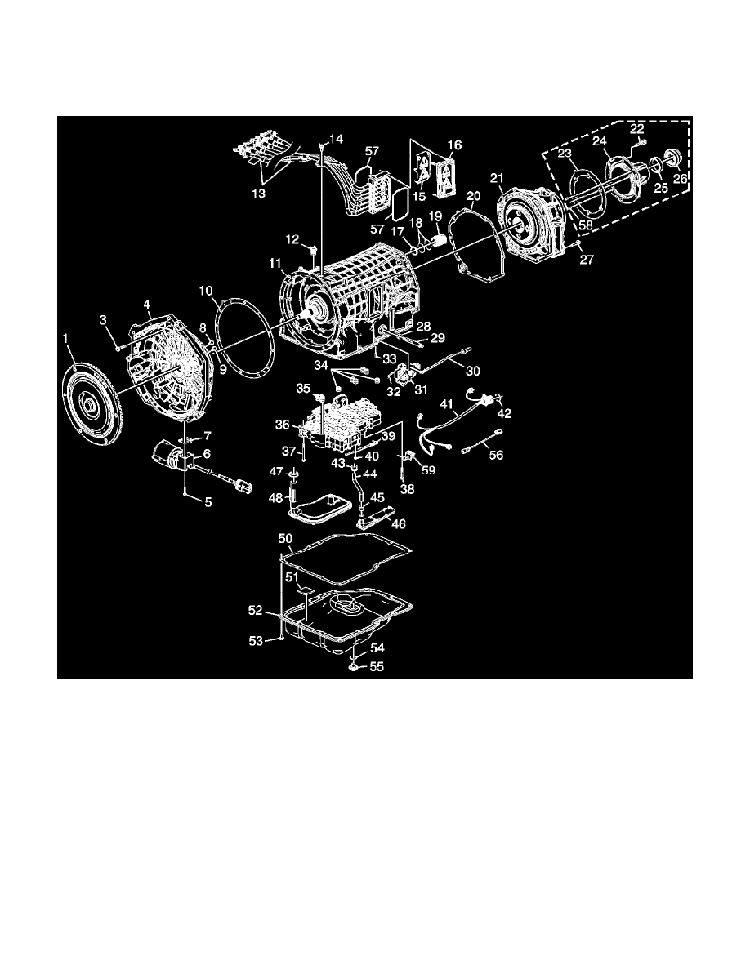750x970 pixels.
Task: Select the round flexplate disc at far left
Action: tap(92, 406)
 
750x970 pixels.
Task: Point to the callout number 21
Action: tap(496, 178)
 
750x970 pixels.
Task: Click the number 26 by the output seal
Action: tap(681, 179)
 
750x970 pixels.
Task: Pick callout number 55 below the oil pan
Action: tap(377, 666)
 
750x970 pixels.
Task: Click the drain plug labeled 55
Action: tap(354, 666)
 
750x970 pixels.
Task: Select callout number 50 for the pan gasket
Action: tap(285, 539)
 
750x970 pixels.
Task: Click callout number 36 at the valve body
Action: tap(283, 425)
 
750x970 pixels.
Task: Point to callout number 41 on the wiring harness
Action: tap(445, 404)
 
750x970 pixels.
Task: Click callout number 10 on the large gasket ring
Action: tap(204, 290)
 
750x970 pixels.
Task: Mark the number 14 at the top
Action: tap(337, 139)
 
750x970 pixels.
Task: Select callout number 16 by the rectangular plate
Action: tap(454, 145)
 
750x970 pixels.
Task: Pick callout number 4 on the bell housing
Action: tap(147, 305)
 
